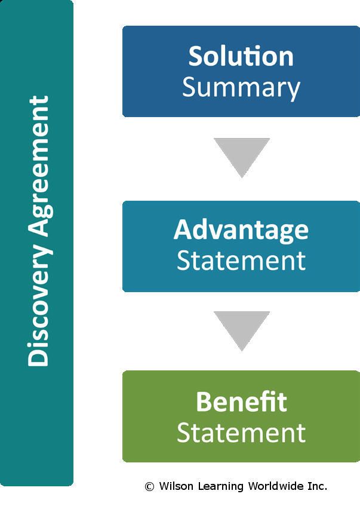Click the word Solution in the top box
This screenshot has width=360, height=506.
pyautogui.click(x=241, y=57)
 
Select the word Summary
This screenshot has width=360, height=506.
pyautogui.click(x=241, y=88)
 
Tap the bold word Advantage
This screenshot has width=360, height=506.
pyautogui.click(x=241, y=230)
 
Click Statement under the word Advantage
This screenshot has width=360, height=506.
pyautogui.click(x=241, y=261)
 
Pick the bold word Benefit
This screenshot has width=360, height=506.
pyautogui.click(x=241, y=401)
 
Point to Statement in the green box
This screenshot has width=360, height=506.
pyautogui.click(x=241, y=433)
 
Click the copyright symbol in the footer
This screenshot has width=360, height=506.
pyautogui.click(x=149, y=487)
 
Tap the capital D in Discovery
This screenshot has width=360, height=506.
pyautogui.click(x=38, y=357)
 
